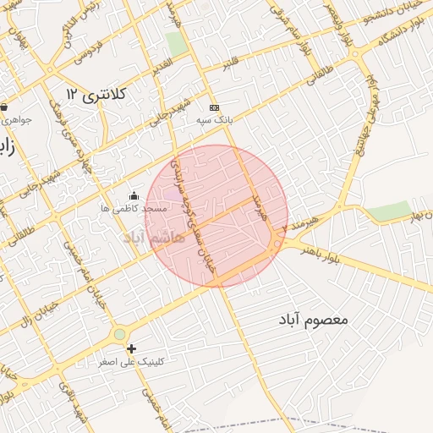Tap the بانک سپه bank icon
[214, 107]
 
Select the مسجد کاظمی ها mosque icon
[133, 195]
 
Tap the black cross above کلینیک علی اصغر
[131, 348]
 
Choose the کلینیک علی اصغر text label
[131, 361]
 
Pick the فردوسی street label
[86, 53]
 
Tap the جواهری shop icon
[4, 107]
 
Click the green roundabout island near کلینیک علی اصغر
[119, 334]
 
